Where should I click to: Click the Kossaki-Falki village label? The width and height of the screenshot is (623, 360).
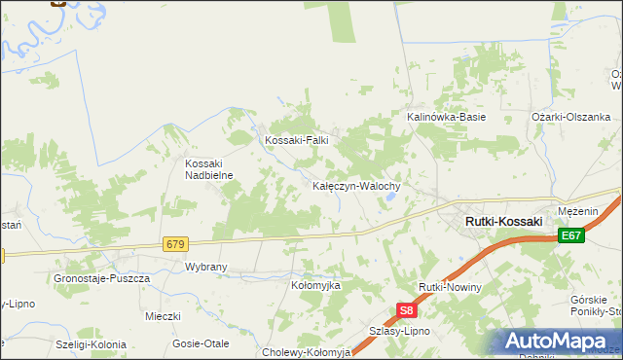point(297,140)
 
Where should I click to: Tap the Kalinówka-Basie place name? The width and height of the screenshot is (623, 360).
point(445,117)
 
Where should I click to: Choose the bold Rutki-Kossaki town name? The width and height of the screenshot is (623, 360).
point(503,222)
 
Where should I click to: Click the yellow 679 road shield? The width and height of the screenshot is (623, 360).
point(175,243)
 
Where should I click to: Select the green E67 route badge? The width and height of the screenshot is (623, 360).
point(571,235)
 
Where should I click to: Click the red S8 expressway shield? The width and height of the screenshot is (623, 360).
point(407,311)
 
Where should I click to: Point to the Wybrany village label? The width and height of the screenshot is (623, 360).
point(206,267)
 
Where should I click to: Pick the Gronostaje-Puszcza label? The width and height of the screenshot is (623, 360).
point(102,278)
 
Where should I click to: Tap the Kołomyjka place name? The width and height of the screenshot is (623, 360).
point(315,286)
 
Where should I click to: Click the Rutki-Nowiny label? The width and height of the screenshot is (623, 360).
point(450,288)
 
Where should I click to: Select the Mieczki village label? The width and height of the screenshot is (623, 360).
point(163,316)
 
